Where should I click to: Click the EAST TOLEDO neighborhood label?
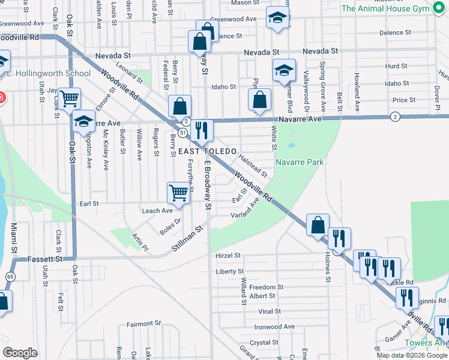[x=207, y=151]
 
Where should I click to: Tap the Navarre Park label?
[x=300, y=162]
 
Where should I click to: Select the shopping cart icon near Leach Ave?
[x=179, y=193]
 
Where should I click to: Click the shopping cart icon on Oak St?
[x=70, y=97]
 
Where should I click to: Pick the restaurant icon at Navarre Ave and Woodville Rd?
[x=202, y=130]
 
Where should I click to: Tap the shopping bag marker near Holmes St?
[x=318, y=225]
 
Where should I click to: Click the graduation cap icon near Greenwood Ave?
[x=277, y=18]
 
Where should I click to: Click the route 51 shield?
[x=181, y=131]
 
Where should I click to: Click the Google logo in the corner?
[x=20, y=353]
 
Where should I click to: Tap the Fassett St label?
[x=45, y=259]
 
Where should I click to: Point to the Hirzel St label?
[x=228, y=255]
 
